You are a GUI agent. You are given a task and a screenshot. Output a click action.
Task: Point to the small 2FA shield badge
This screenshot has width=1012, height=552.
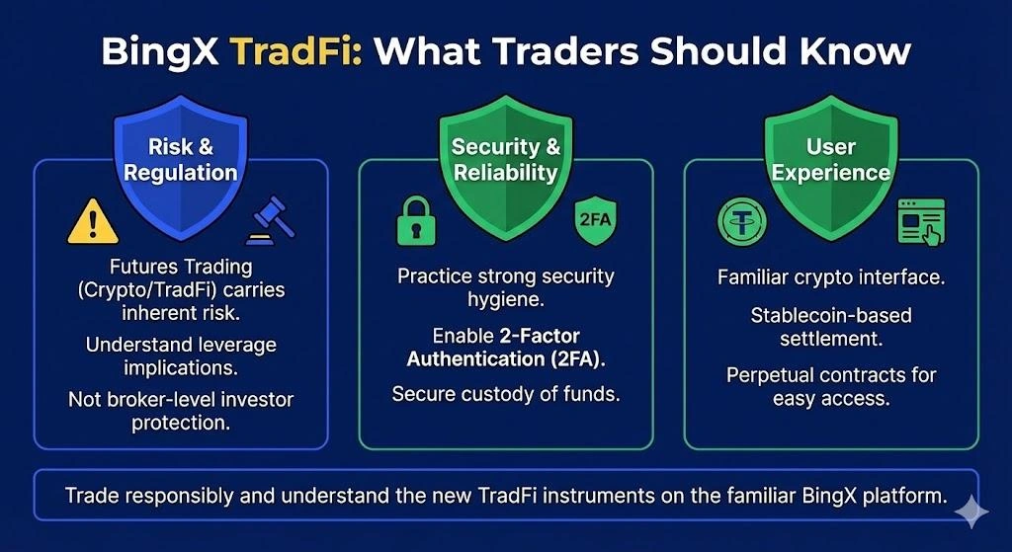click(x=594, y=219)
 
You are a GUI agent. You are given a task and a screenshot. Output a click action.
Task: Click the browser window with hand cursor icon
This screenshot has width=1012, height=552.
click(x=920, y=220)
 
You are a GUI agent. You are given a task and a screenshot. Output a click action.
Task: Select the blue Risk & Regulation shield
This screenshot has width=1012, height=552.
click(x=180, y=163)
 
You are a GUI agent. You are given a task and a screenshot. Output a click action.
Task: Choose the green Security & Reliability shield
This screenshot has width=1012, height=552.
click(x=505, y=163)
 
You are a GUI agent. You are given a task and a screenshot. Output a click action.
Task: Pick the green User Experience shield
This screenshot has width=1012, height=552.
click(x=830, y=163)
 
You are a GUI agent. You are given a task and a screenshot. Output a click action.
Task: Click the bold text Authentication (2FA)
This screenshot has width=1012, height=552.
click(x=505, y=357)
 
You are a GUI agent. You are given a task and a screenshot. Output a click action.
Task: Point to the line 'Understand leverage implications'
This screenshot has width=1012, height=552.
click(x=180, y=356)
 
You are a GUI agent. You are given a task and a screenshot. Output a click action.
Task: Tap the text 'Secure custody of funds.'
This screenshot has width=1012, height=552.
click(x=505, y=393)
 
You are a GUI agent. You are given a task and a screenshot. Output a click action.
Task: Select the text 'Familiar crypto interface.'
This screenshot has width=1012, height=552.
click(x=830, y=276)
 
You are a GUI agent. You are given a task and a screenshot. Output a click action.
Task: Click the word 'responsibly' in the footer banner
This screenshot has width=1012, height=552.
click(x=175, y=496)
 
